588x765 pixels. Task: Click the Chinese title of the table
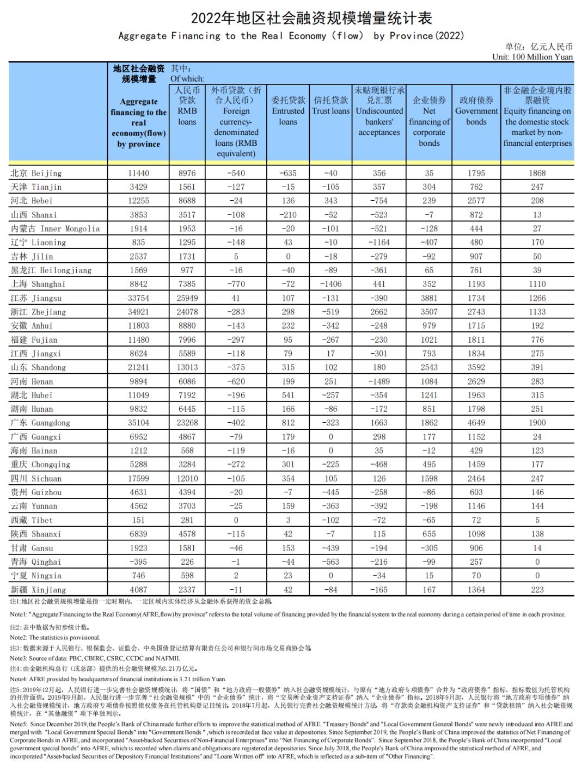(x=311, y=18)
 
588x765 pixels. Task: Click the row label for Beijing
(x=36, y=173)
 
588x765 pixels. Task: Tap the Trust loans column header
(x=330, y=106)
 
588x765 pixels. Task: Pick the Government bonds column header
(x=476, y=110)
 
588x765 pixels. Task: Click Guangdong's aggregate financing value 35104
(x=138, y=423)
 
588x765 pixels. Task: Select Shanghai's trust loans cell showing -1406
(x=330, y=284)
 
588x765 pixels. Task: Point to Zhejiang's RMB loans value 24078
(x=187, y=312)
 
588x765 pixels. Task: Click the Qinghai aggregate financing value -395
(x=138, y=562)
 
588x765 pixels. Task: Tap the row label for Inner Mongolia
(x=55, y=229)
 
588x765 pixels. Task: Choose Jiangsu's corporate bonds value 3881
(x=429, y=298)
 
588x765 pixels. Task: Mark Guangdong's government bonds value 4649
(x=476, y=423)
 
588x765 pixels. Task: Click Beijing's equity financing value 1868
(x=537, y=173)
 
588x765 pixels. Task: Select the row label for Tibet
(x=32, y=520)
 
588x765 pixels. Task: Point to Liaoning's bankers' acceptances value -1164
(x=379, y=242)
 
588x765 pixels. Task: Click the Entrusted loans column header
(x=288, y=110)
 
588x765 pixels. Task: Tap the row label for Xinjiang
(x=38, y=589)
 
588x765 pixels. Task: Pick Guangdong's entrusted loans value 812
(x=288, y=423)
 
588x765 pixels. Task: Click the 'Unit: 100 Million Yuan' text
(x=532, y=57)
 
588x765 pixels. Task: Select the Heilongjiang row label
(x=51, y=270)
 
